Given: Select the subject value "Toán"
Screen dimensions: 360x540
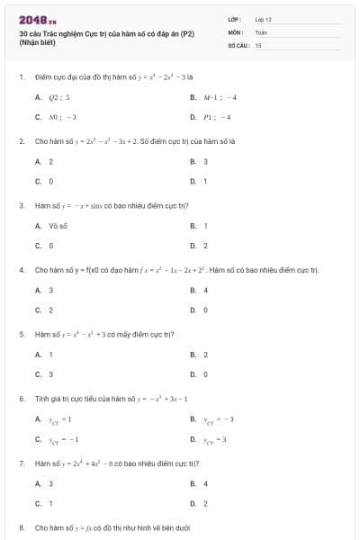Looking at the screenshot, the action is pyautogui.click(x=261, y=31).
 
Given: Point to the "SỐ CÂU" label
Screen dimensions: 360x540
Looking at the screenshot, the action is pyautogui.click(x=237, y=44).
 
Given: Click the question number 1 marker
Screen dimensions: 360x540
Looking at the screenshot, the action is pyautogui.click(x=21, y=77).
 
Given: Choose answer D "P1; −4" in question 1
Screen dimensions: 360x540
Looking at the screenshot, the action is pyautogui.click(x=217, y=117).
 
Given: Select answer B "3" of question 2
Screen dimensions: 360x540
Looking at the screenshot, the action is pyautogui.click(x=205, y=161).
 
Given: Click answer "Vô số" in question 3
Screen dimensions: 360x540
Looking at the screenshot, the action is pyautogui.click(x=58, y=225).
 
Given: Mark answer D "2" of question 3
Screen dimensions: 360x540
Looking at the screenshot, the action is pyautogui.click(x=205, y=245).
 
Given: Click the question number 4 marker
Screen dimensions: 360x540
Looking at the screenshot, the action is pyautogui.click(x=21, y=269).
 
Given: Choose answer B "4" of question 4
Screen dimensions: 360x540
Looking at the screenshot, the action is pyautogui.click(x=205, y=290).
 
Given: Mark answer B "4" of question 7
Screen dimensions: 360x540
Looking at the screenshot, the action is pyautogui.click(x=205, y=483).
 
